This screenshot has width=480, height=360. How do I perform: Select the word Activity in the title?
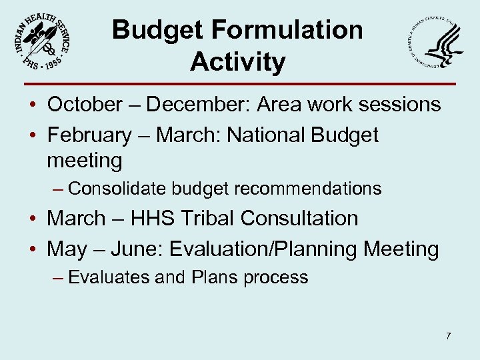[x=237, y=62]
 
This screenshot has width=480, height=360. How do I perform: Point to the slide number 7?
[x=448, y=336]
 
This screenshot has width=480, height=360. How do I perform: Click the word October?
[x=85, y=105]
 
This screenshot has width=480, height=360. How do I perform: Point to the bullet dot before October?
[x=33, y=105]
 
